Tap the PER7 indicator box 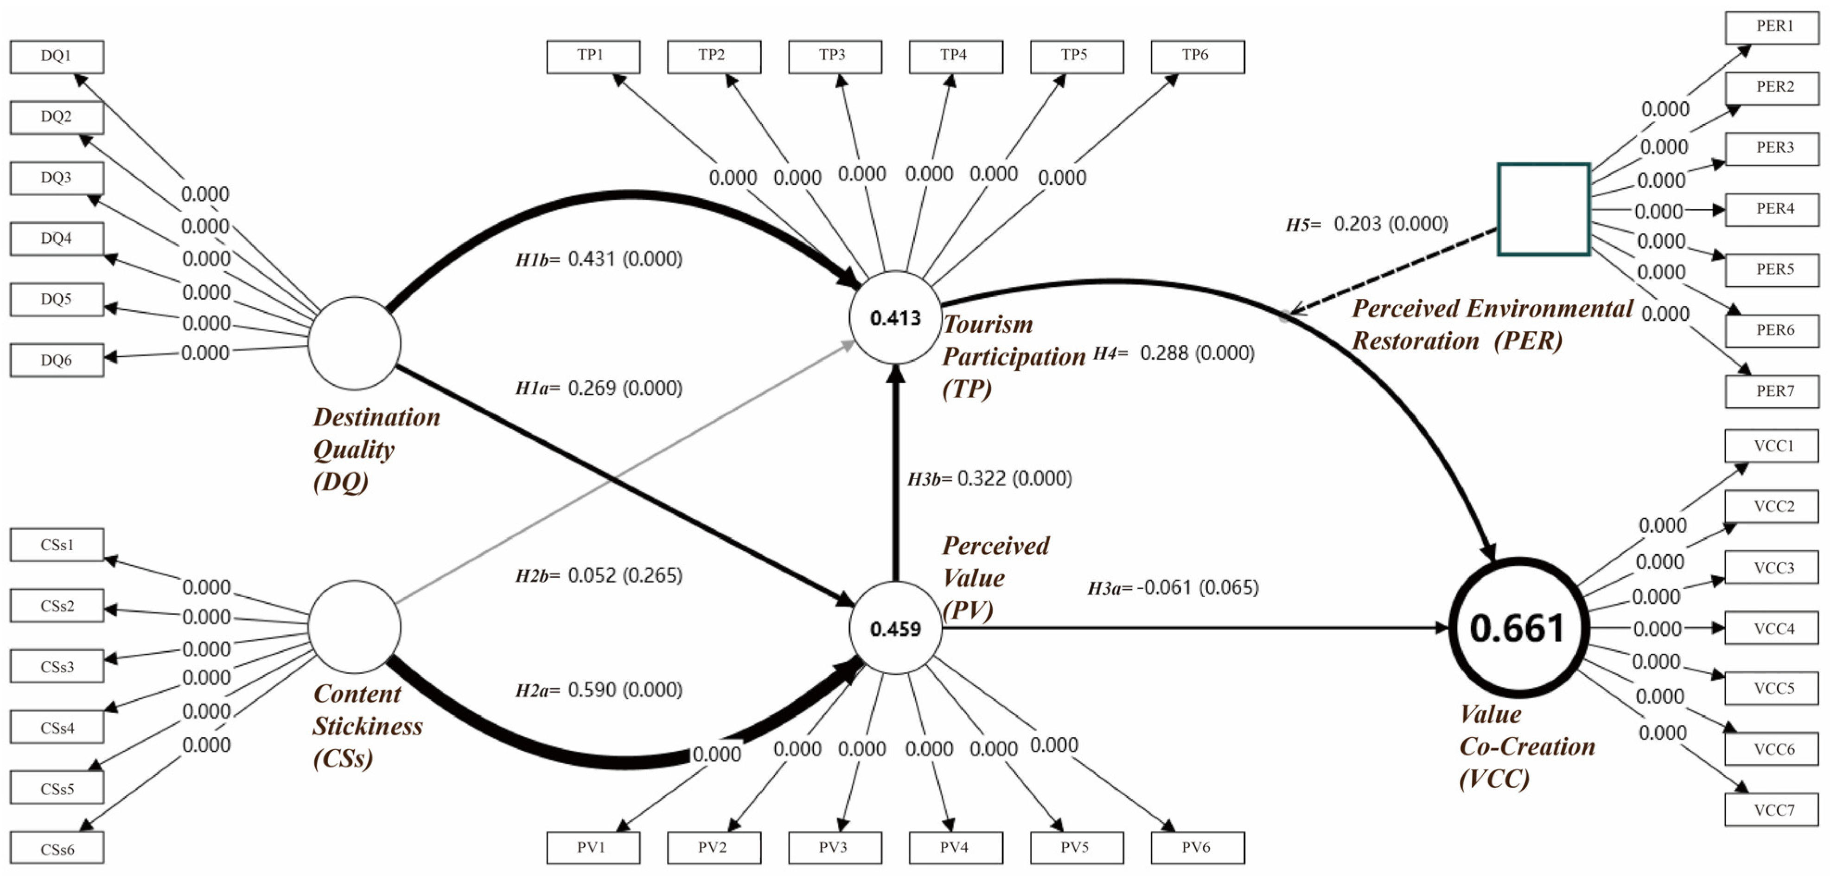click(1772, 391)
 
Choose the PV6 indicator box click(1198, 848)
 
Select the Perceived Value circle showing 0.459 click(896, 628)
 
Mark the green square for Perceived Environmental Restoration click(1544, 209)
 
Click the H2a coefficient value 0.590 click(591, 689)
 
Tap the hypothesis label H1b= click(538, 259)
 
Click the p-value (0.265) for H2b click(652, 575)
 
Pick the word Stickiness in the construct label click(368, 726)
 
